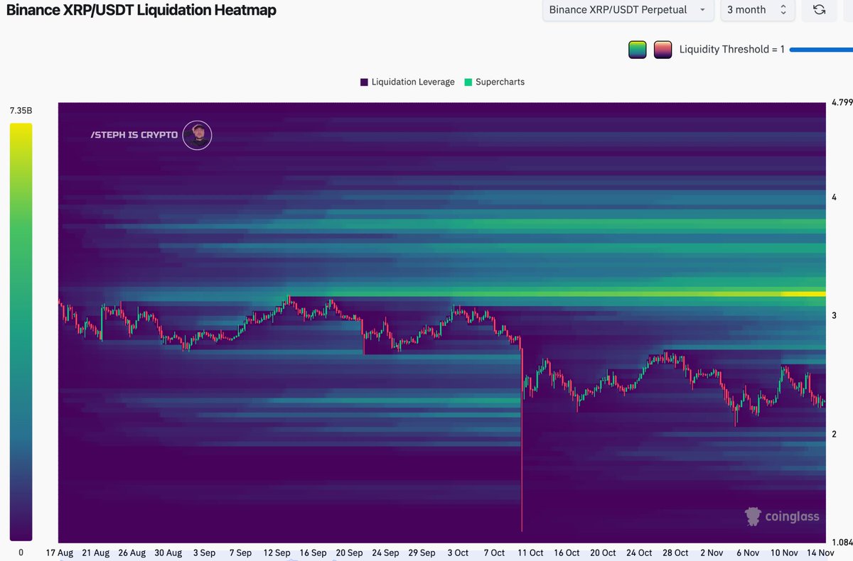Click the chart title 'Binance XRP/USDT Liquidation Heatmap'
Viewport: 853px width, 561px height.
141,11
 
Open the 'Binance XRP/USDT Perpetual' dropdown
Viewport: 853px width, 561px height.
628,10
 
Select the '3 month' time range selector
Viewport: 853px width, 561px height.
756,10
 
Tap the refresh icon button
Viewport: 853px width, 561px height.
819,10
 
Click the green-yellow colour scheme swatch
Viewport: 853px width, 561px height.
637,50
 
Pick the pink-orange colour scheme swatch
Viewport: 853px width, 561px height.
662,50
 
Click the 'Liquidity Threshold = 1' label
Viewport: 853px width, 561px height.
731,50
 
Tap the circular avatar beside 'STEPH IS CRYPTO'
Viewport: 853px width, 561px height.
197,135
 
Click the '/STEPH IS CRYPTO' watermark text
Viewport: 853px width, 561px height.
134,135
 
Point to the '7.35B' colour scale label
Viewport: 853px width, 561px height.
21,111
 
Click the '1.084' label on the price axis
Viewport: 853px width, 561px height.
842,543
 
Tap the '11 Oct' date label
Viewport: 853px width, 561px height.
530,552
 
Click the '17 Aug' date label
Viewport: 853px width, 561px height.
59,552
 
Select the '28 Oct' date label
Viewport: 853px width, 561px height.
675,552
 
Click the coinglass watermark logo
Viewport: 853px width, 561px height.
782,517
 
